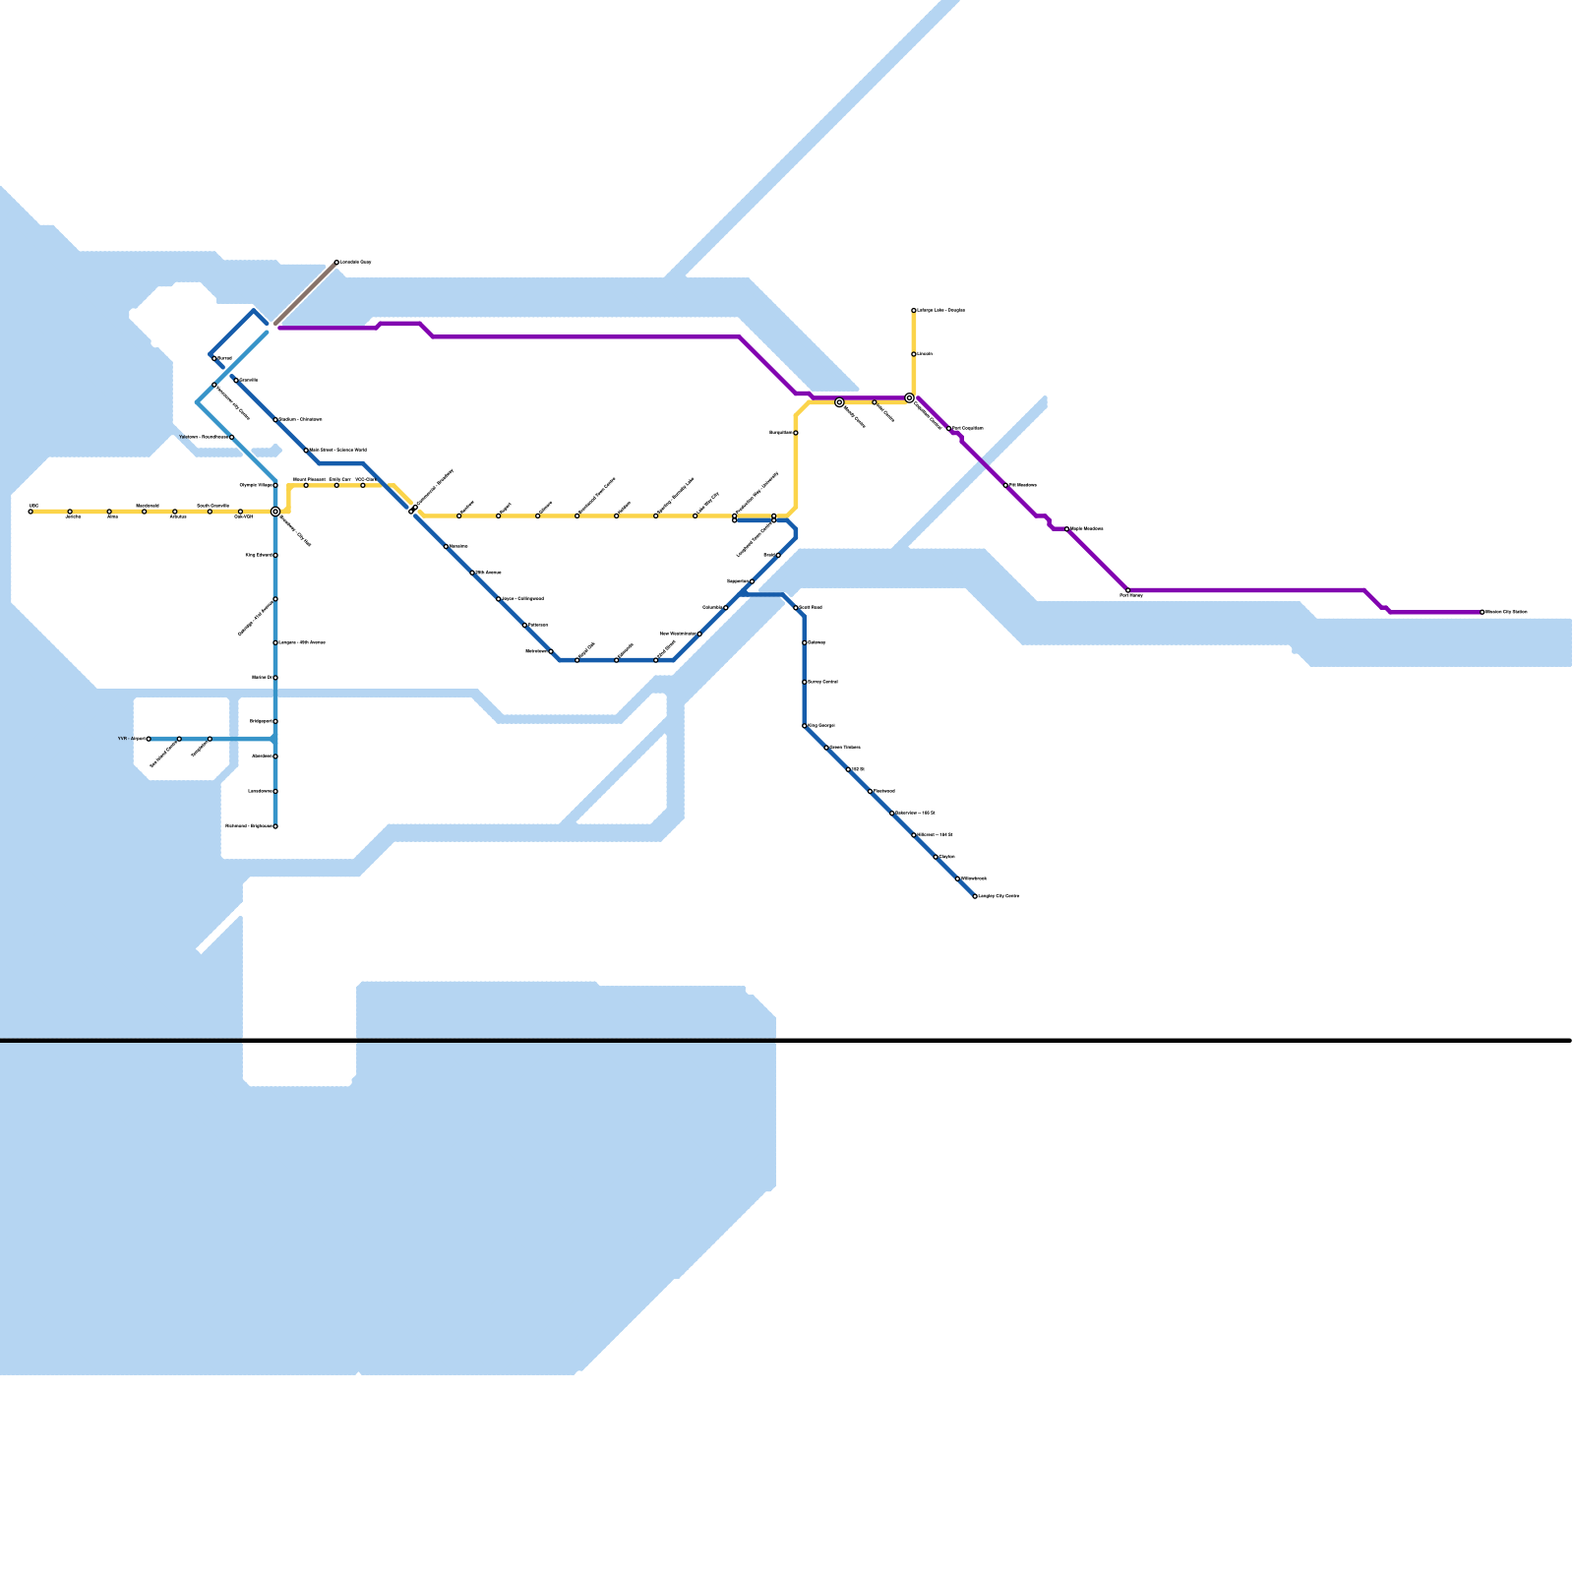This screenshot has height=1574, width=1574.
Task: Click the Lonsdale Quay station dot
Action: pos(336,263)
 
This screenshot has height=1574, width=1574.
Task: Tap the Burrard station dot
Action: pos(214,359)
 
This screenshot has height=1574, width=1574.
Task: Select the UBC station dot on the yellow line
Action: pos(30,512)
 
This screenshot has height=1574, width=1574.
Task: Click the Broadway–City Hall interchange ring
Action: pos(275,512)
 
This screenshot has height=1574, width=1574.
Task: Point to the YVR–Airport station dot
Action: pos(149,739)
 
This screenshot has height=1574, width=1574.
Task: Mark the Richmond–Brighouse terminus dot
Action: pos(275,826)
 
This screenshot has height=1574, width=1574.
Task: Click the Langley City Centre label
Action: pos(999,897)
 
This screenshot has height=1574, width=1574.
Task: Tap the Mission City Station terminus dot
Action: pos(1483,612)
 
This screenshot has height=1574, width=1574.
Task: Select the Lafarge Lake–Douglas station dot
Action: pos(914,311)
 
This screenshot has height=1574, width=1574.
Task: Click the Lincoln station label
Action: pos(925,354)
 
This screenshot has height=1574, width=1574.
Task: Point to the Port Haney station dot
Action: pos(1128,590)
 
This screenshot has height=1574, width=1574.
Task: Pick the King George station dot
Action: pos(805,726)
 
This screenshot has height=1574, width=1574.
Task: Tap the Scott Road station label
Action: pos(811,608)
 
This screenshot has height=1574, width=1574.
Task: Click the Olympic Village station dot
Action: pos(275,485)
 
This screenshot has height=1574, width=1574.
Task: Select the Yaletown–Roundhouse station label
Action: pos(204,437)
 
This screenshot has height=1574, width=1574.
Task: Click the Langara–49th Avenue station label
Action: pos(302,643)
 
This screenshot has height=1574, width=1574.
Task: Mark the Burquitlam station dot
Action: pos(796,433)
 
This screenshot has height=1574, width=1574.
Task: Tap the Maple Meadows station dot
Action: pos(1067,529)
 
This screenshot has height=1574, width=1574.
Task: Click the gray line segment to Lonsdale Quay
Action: pos(305,293)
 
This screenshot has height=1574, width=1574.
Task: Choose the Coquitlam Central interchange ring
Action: pos(910,398)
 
